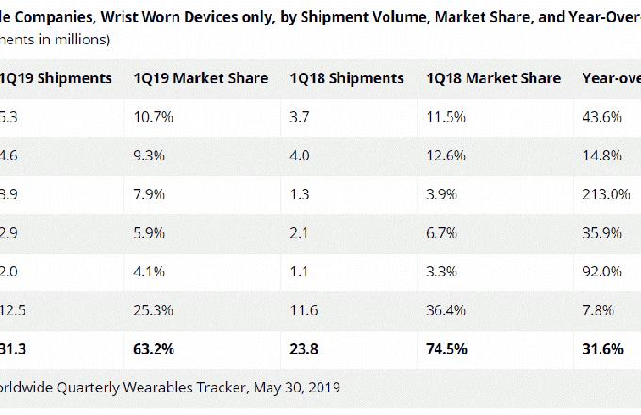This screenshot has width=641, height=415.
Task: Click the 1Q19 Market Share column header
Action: pos(200,78)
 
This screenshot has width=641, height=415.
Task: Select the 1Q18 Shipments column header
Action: pos(347,78)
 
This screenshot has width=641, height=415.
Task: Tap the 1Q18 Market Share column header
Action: pos(493,78)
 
